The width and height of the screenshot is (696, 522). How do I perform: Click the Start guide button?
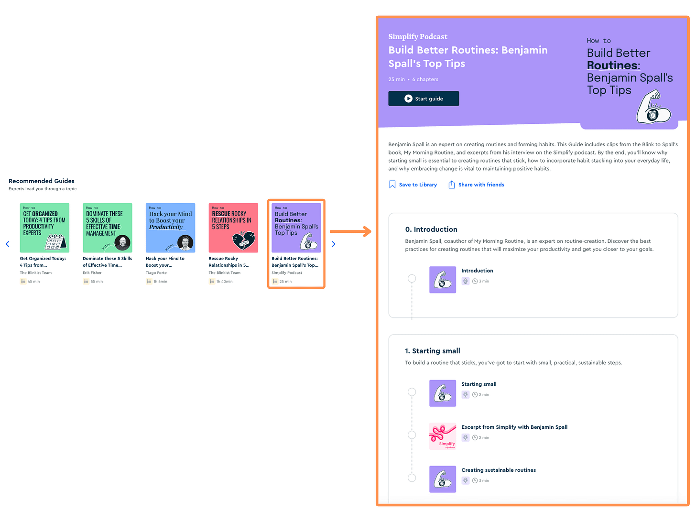click(424, 98)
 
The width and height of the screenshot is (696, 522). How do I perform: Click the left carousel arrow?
click(8, 244)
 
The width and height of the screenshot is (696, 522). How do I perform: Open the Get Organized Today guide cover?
click(44, 228)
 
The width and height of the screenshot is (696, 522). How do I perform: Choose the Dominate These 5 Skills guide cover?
click(108, 228)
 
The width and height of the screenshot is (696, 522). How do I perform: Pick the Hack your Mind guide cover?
click(170, 228)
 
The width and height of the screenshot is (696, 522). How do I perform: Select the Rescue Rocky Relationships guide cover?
click(233, 228)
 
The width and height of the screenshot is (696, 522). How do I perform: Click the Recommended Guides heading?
click(42, 181)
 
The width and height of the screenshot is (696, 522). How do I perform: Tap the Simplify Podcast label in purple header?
click(418, 37)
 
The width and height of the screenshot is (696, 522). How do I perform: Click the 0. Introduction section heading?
click(431, 229)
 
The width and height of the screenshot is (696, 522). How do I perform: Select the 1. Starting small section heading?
click(433, 351)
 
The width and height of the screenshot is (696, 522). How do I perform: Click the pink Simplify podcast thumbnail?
click(443, 436)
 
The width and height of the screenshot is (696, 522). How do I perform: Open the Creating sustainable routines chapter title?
click(499, 470)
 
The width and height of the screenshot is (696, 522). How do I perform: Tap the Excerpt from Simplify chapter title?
click(514, 427)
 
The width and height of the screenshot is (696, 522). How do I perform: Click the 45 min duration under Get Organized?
click(33, 282)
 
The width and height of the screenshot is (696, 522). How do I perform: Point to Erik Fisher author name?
click(92, 272)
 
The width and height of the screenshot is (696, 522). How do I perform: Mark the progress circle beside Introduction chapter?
click(412, 279)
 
